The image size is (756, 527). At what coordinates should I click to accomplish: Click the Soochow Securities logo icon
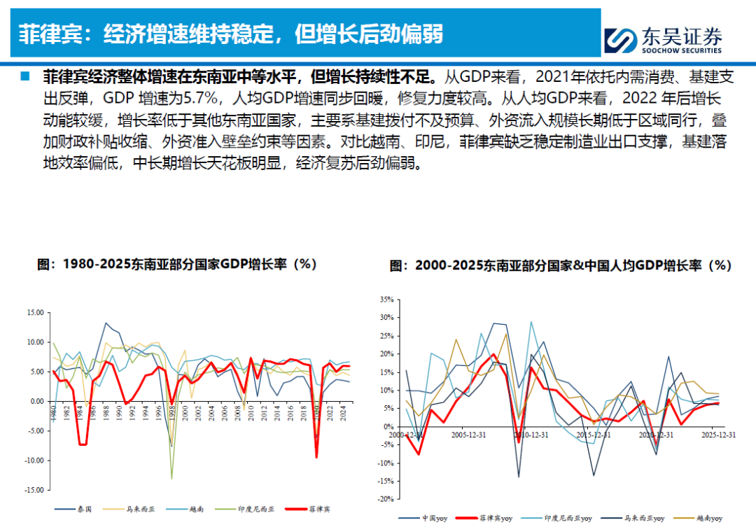[x=621, y=40]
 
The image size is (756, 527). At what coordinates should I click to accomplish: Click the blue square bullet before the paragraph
[x=24, y=76]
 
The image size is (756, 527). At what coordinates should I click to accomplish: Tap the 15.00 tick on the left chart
[x=35, y=312]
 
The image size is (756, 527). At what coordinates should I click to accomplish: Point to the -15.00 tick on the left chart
[x=34, y=490]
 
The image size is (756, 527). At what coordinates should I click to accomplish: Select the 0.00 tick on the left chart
[x=36, y=401]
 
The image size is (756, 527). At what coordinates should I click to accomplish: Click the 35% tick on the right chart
[x=386, y=300]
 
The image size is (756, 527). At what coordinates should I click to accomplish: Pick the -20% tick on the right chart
[x=386, y=499]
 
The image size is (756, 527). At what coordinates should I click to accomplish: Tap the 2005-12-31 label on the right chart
[x=468, y=435]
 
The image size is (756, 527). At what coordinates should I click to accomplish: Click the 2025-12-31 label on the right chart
[x=718, y=435]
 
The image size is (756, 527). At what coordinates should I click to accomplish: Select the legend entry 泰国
[x=73, y=510]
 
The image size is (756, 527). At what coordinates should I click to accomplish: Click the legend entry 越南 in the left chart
[x=185, y=510]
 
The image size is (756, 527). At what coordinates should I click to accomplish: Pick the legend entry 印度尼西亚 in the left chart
[x=245, y=510]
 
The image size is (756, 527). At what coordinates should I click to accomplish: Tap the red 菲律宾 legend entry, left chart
[x=307, y=510]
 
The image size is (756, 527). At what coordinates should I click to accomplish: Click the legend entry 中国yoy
[x=423, y=519]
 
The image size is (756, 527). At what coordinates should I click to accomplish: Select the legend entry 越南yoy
[x=698, y=519]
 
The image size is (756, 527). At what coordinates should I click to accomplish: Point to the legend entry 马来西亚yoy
[x=633, y=519]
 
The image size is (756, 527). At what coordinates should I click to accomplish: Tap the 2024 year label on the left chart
[x=343, y=413]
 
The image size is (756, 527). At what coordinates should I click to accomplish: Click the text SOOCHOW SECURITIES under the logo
[x=681, y=50]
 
